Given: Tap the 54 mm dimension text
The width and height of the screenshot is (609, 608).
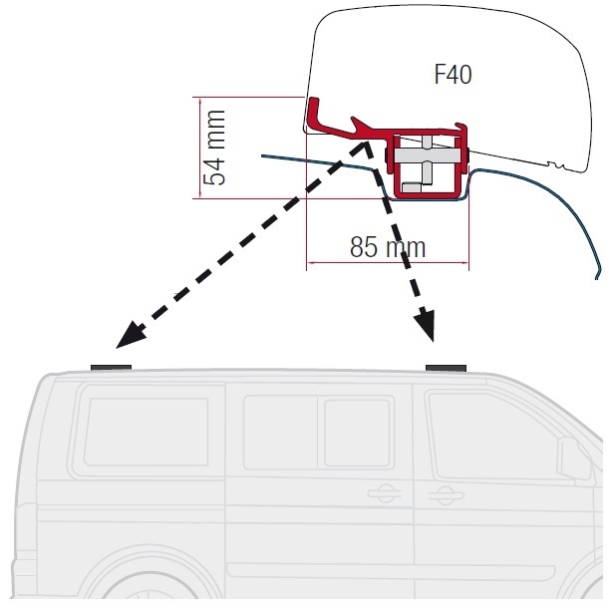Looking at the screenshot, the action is click(215, 148).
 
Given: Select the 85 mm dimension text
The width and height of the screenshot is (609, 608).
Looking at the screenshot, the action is click(388, 246).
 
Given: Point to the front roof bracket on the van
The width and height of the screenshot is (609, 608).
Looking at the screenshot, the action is click(447, 368).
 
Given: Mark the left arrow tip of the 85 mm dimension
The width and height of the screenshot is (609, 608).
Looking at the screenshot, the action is click(309, 263).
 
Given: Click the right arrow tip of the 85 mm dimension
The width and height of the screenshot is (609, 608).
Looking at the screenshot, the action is click(465, 263).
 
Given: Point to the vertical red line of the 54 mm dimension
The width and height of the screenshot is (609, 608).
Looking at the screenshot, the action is click(197, 148).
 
